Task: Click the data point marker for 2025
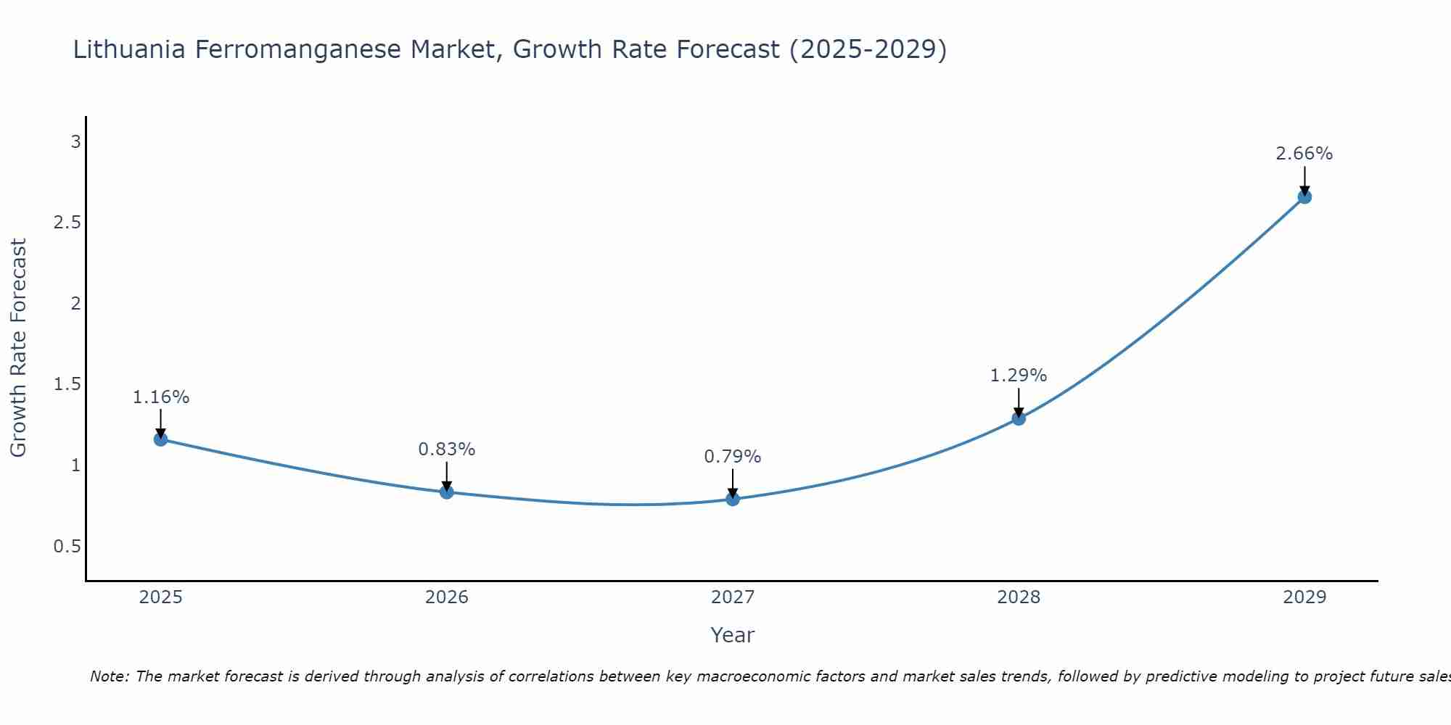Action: point(161,439)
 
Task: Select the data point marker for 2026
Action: point(447,492)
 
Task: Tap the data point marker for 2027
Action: point(733,499)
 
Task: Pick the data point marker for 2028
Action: point(1019,418)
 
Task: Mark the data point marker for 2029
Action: point(1304,196)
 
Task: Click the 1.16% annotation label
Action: point(161,397)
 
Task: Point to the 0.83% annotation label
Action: point(447,449)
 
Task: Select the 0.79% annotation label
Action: point(733,457)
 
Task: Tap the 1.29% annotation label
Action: point(1019,376)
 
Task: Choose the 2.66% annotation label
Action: point(1304,154)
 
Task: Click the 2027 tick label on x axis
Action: point(733,597)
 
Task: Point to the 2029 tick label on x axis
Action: point(1304,597)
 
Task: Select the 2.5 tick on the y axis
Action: point(67,223)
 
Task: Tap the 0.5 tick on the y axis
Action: point(67,547)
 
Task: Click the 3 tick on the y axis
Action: point(75,142)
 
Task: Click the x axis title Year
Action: point(733,635)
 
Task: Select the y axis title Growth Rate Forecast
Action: point(19,348)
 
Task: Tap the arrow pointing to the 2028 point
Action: point(1019,402)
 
